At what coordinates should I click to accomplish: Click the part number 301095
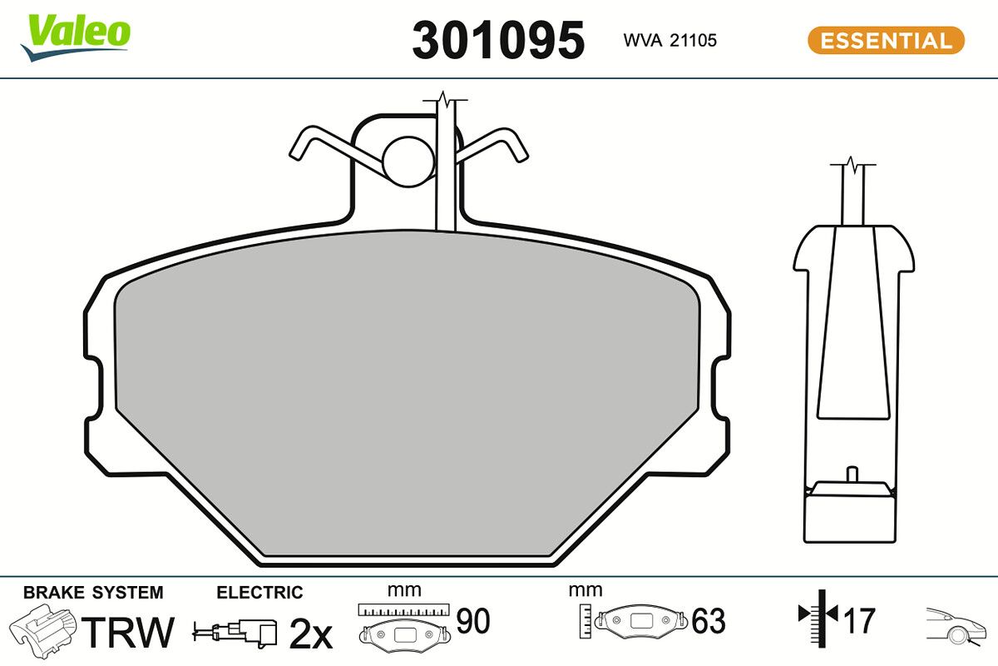(498, 39)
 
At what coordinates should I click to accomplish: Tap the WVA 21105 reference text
(669, 40)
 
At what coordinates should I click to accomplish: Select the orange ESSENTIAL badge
(886, 40)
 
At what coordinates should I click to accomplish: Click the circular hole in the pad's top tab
(408, 159)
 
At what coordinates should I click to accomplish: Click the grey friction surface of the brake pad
(408, 391)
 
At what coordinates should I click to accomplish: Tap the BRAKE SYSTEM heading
(93, 593)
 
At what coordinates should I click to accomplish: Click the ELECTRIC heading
(259, 593)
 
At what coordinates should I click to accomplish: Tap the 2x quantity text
(310, 635)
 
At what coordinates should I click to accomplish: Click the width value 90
(473, 620)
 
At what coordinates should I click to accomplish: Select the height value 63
(709, 621)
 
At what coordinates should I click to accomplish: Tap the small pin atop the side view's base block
(850, 474)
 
